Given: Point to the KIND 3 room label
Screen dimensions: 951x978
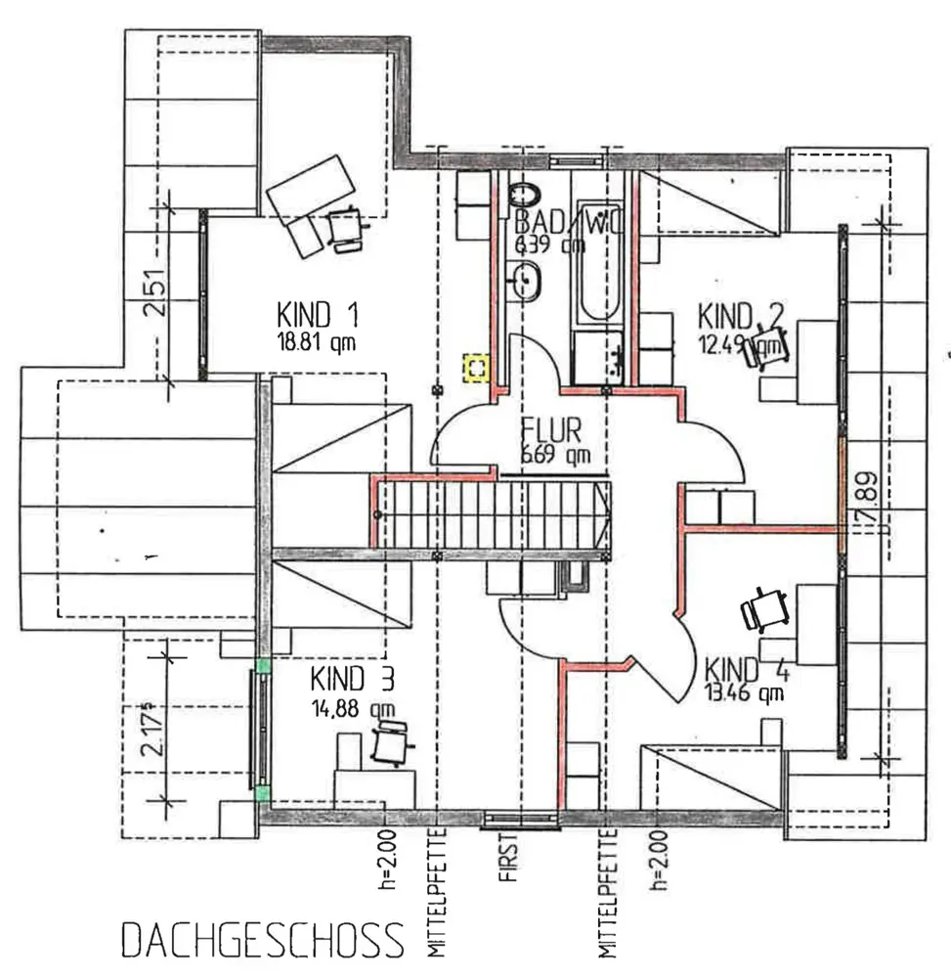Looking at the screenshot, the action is pos(354,679).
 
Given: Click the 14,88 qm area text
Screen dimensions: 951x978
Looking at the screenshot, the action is pos(353,709).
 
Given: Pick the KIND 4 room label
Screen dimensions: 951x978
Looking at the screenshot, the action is pos(748,671).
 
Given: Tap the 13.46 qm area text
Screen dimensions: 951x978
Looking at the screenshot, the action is pos(744,695).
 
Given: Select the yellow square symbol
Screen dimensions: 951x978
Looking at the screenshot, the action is pos(477,369).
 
